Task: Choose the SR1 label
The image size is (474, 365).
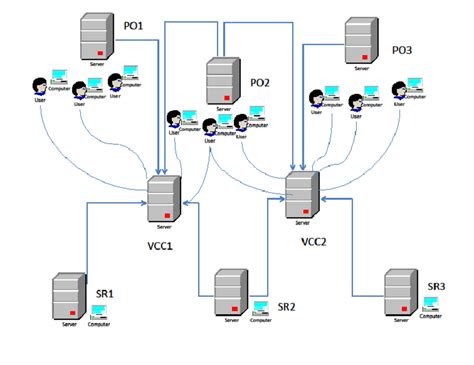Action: click(105, 293)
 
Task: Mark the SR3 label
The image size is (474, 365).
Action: click(436, 287)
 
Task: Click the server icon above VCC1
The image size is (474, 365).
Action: click(163, 199)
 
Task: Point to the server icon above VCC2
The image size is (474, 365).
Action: click(302, 196)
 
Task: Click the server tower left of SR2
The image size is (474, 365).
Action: click(231, 290)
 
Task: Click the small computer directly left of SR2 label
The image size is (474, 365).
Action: click(260, 308)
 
